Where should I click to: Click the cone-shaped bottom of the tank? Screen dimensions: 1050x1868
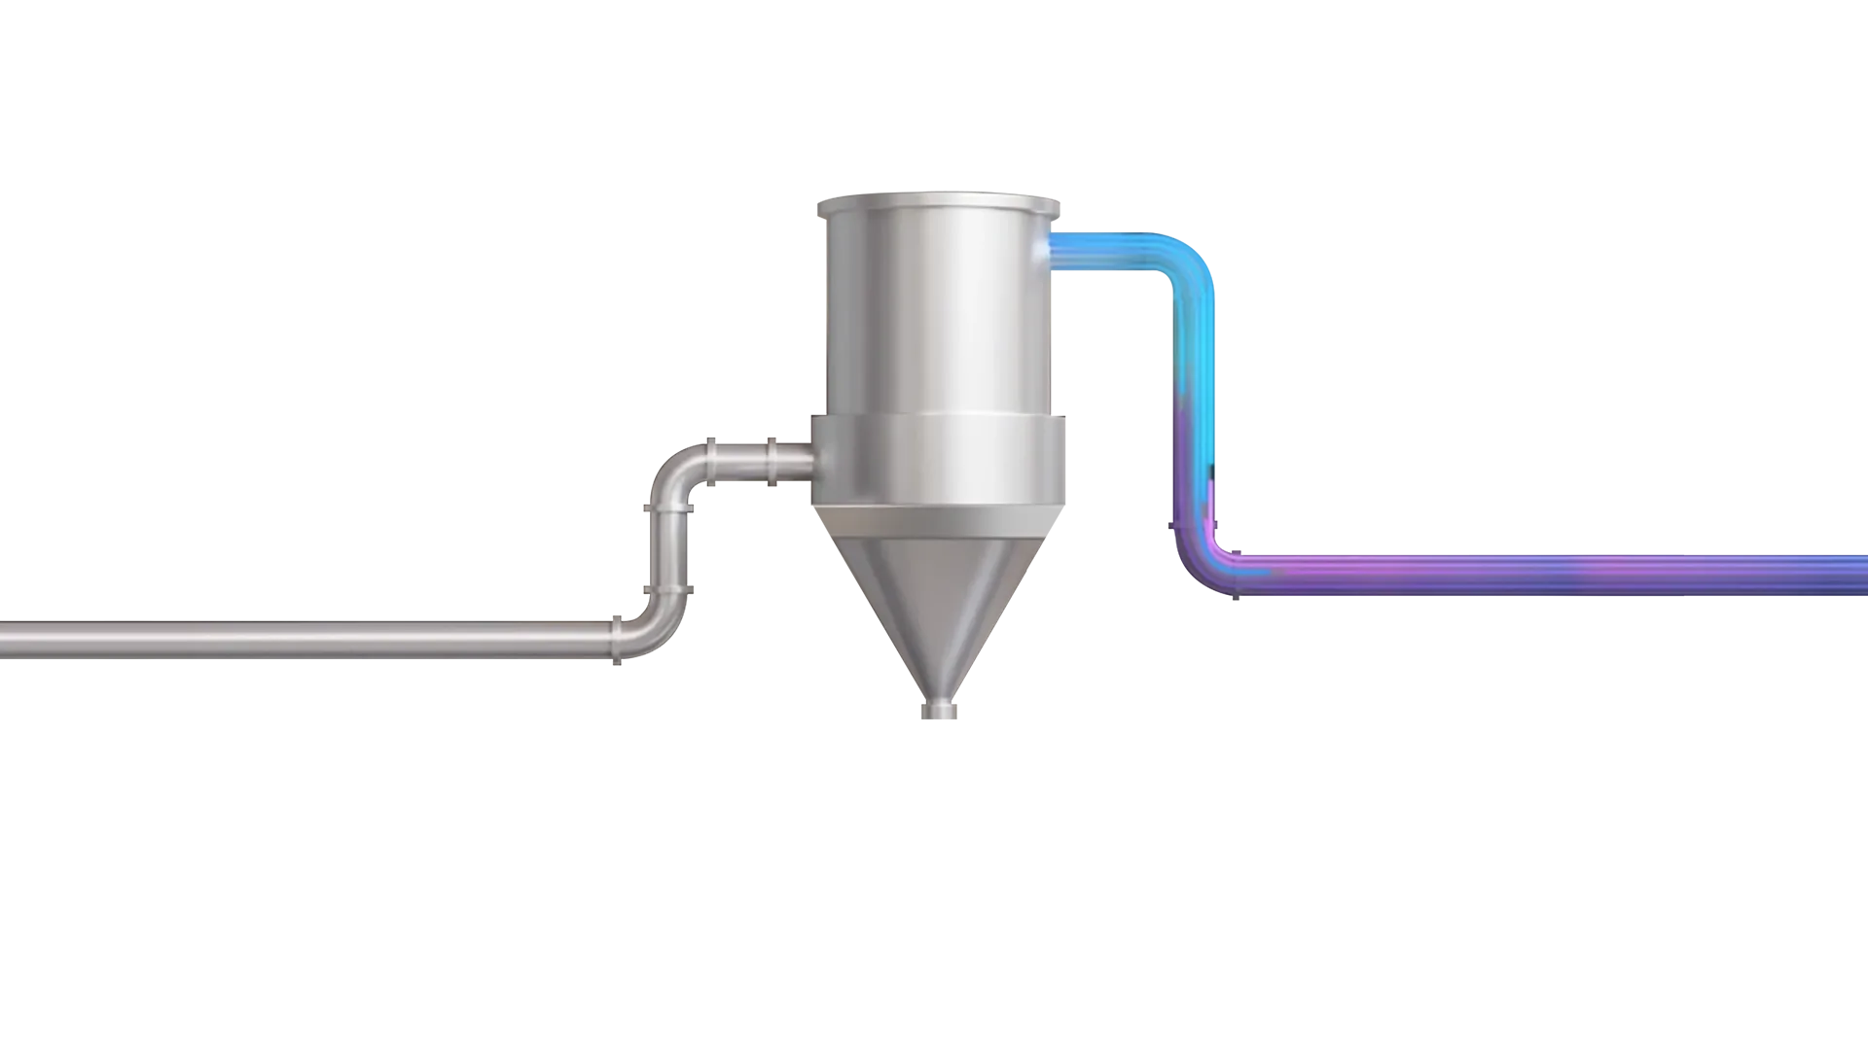940,612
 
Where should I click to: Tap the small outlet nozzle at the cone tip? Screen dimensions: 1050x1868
940,712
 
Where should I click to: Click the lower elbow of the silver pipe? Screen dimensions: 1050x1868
654,627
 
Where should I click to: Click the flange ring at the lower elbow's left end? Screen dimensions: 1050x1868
617,640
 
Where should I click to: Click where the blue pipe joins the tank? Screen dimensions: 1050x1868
1053,250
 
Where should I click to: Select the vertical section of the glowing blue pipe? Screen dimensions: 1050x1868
1191,408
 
